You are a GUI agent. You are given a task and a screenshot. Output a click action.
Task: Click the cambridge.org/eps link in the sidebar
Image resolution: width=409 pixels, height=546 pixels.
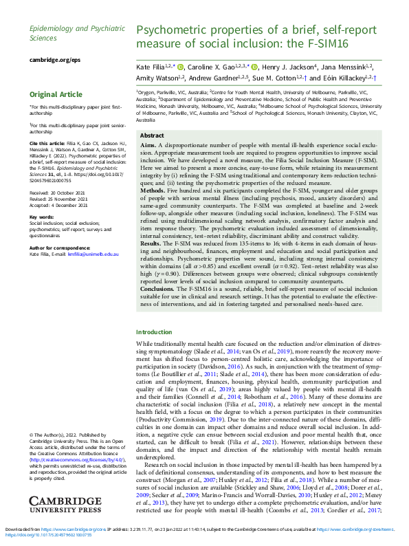point(54,60)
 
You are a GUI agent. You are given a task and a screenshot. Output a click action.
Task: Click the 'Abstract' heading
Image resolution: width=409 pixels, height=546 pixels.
point(152,136)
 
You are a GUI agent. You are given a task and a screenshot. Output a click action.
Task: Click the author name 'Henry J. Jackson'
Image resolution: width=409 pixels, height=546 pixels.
point(287,67)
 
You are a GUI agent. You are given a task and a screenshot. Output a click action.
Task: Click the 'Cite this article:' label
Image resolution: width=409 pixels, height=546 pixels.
point(47,142)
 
